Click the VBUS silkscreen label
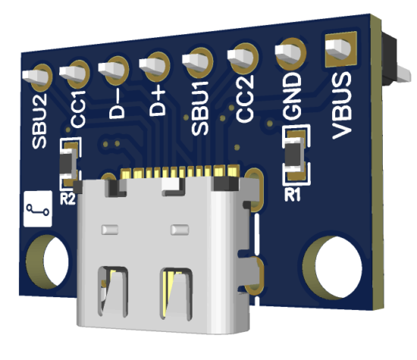(342, 107)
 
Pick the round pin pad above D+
(156, 64)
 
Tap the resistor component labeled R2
(69, 163)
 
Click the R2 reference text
(68, 199)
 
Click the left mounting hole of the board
(47, 261)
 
